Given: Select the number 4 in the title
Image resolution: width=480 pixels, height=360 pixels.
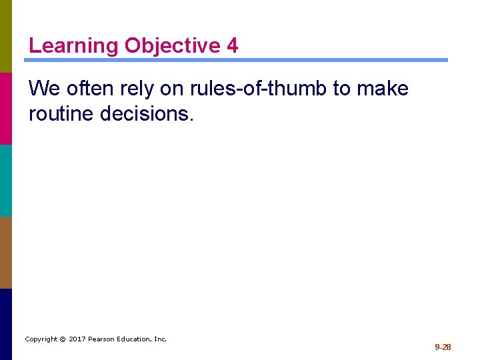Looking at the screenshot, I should pyautogui.click(x=232, y=46).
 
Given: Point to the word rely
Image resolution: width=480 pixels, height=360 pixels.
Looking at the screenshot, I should pyautogui.click(x=139, y=89).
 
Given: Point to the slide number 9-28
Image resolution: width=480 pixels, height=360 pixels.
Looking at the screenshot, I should pyautogui.click(x=443, y=347).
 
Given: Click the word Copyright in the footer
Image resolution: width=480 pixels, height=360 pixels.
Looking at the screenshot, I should pyautogui.click(x=41, y=339).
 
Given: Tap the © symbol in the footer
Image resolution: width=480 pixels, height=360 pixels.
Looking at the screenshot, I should pyautogui.click(x=62, y=339).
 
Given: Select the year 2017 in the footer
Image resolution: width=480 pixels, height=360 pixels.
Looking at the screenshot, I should pyautogui.click(x=77, y=339).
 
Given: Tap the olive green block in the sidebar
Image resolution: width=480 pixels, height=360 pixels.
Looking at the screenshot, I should pyautogui.click(x=6, y=36).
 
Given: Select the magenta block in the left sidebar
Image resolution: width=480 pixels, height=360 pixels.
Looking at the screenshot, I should pyautogui.click(x=6, y=108).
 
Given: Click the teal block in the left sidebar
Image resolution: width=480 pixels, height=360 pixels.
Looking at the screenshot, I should pyautogui.click(x=6, y=180).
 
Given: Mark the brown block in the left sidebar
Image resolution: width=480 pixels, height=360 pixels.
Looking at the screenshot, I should pyautogui.click(x=6, y=252).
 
